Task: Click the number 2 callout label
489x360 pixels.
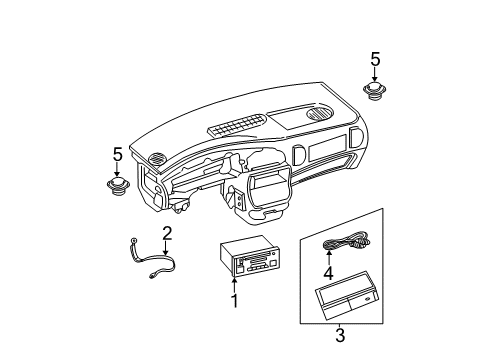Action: [x=168, y=233]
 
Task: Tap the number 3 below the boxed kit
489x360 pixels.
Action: [x=339, y=336]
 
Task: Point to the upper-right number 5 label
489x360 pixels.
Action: [x=375, y=59]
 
